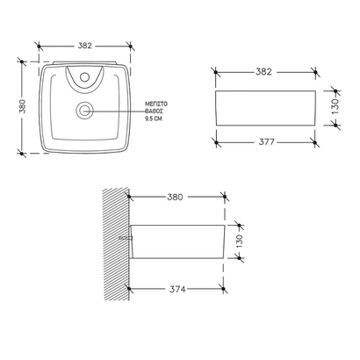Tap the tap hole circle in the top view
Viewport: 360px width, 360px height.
coord(84,77)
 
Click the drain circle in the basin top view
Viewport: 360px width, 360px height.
coord(84,110)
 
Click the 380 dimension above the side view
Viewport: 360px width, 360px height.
coord(176,198)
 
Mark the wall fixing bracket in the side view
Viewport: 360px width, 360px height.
coord(127,237)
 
